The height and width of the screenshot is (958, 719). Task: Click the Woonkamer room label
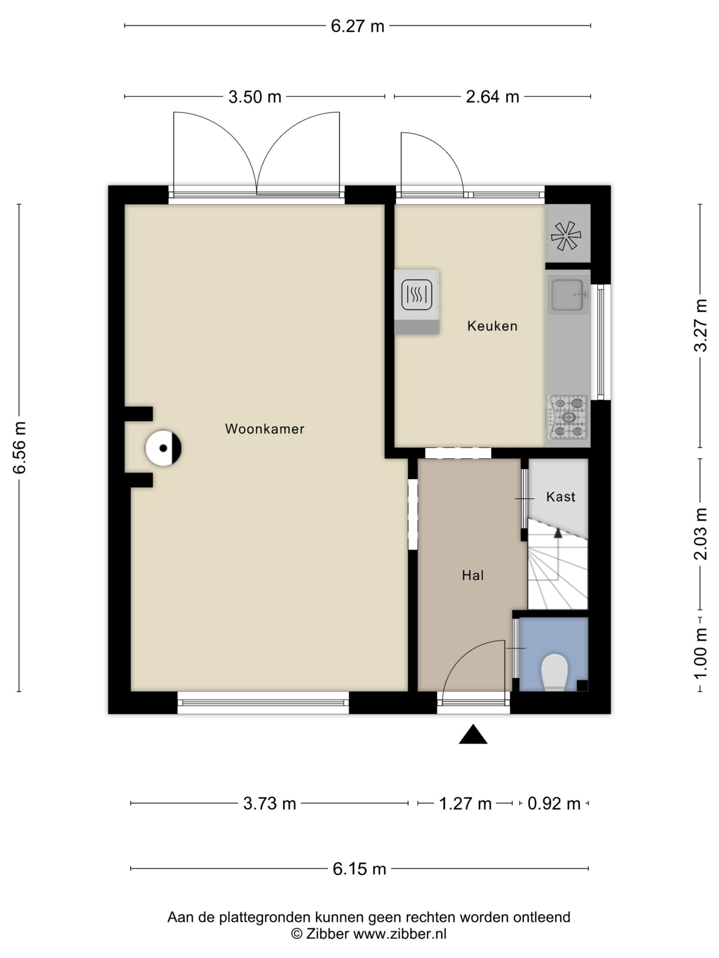pyautogui.click(x=265, y=429)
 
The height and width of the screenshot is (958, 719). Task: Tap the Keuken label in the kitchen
pyautogui.click(x=492, y=326)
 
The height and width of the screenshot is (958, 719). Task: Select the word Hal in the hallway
pyautogui.click(x=472, y=576)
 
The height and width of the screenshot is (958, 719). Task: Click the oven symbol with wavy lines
pyautogui.click(x=416, y=295)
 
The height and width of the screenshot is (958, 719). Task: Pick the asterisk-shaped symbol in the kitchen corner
pyautogui.click(x=565, y=236)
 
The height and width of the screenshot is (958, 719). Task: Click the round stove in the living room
pyautogui.click(x=163, y=448)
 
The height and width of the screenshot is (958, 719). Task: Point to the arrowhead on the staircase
pyautogui.click(x=558, y=533)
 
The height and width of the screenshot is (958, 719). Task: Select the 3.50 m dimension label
pyautogui.click(x=255, y=97)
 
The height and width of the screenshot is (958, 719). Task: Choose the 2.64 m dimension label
pyautogui.click(x=492, y=97)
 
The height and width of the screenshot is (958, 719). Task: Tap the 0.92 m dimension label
pyautogui.click(x=553, y=804)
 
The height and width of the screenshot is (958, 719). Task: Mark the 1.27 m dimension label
pyautogui.click(x=465, y=804)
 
